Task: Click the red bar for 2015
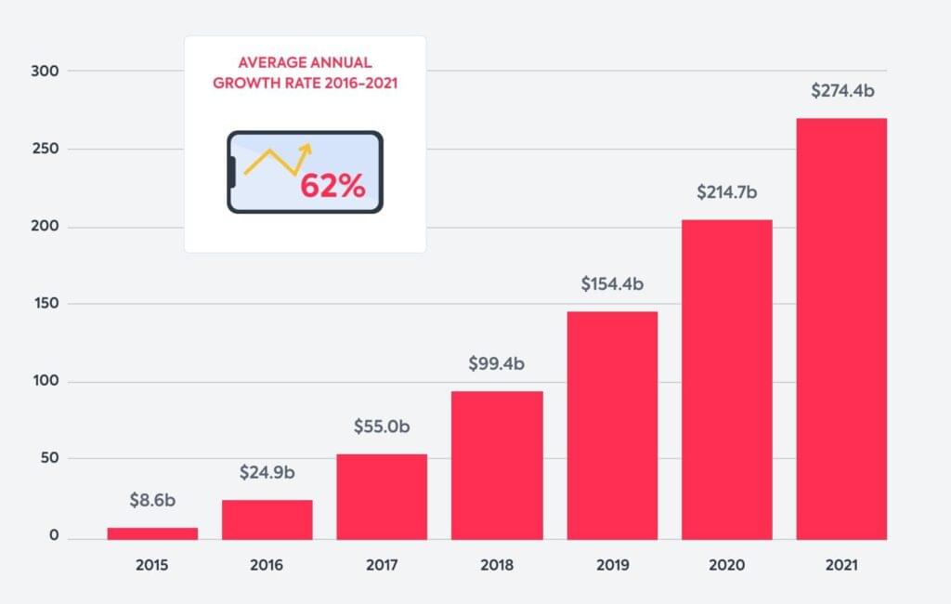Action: tap(152, 533)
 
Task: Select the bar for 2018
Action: tap(497, 465)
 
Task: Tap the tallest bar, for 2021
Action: tap(841, 329)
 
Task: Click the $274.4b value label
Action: tap(841, 91)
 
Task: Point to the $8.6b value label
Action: tap(152, 500)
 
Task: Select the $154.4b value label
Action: tap(612, 284)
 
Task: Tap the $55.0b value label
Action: tap(382, 427)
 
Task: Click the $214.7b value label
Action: tap(727, 192)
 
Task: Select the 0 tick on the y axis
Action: tap(54, 536)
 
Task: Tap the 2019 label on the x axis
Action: tap(612, 565)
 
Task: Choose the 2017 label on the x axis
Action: tap(382, 565)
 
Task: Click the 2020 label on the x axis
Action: tap(727, 565)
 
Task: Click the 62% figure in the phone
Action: tap(332, 186)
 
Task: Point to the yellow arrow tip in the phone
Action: tap(307, 147)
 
